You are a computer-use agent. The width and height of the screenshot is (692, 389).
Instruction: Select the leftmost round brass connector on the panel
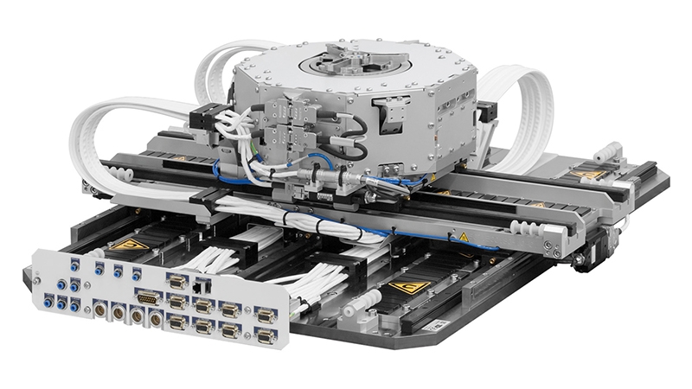click(98, 304)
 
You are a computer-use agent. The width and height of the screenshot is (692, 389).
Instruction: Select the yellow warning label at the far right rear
click(590, 173)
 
